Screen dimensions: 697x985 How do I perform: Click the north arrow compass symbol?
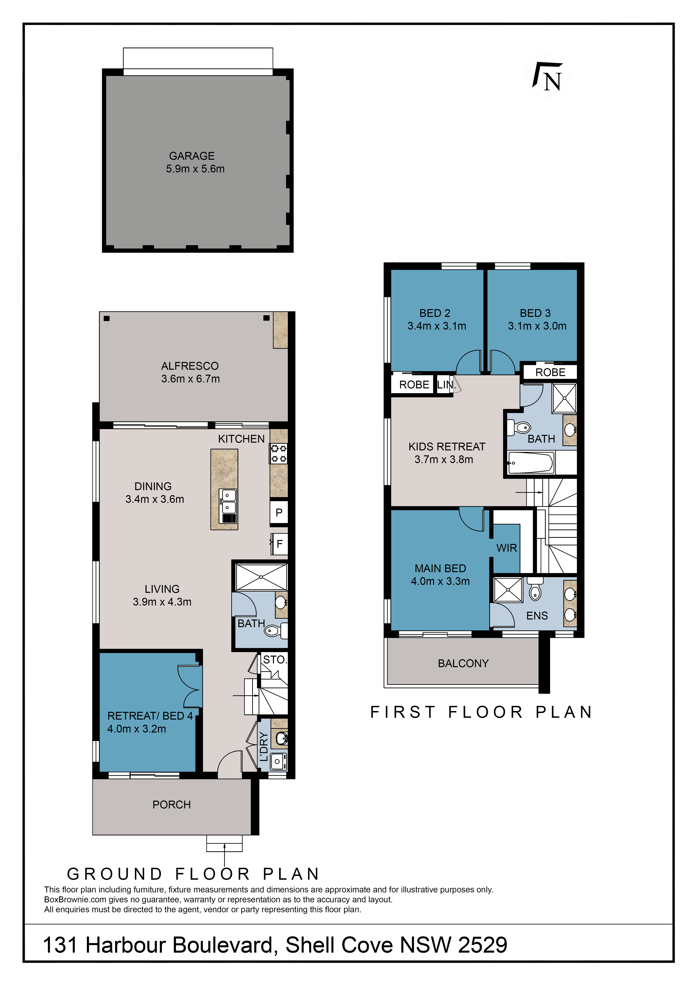pos(548,76)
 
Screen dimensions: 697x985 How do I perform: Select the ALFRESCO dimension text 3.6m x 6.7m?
pos(191,379)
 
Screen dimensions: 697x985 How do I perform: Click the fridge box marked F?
pos(279,544)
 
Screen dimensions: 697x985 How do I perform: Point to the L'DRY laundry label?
pos(264,746)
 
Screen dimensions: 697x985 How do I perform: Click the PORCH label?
pos(172,804)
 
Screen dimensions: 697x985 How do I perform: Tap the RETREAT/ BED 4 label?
pos(150,716)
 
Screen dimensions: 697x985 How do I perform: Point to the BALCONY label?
pos(464,663)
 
